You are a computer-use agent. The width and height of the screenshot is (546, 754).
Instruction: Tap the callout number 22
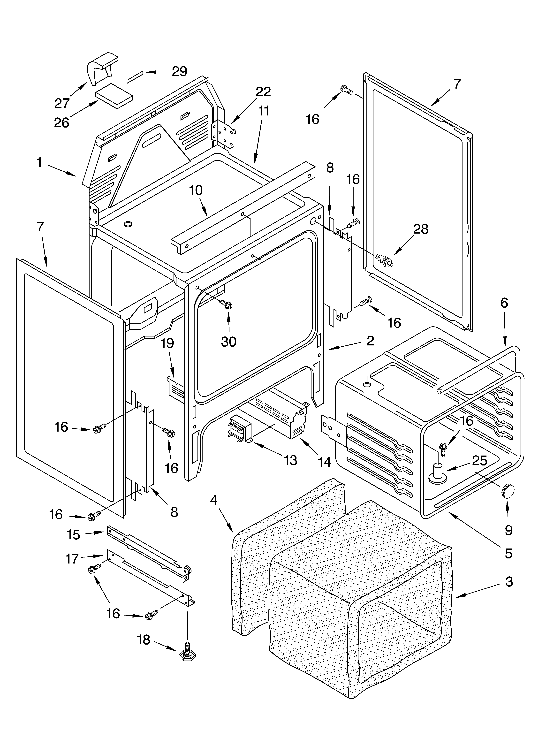[263, 92]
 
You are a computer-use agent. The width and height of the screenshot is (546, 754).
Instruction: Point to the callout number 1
[40, 163]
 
